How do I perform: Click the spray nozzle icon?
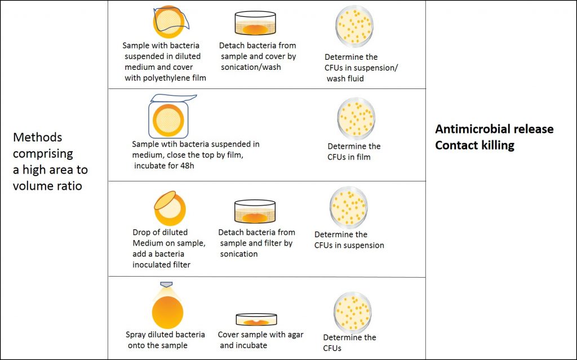click(x=166, y=285)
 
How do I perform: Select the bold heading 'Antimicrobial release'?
click(x=494, y=129)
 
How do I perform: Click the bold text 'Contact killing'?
click(x=474, y=145)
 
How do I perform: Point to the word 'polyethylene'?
click(x=167, y=78)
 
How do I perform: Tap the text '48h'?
click(x=187, y=166)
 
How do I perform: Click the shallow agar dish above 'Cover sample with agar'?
click(x=256, y=319)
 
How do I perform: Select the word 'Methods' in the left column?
click(x=38, y=137)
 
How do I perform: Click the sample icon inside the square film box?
click(x=168, y=120)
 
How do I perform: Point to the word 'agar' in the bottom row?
click(x=295, y=335)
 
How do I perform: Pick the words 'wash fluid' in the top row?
click(x=345, y=78)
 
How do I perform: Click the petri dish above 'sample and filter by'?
click(x=255, y=212)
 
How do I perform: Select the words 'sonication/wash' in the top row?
click(x=251, y=68)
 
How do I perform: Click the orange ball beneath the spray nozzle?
click(x=167, y=312)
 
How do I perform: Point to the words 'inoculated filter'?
click(x=162, y=265)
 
